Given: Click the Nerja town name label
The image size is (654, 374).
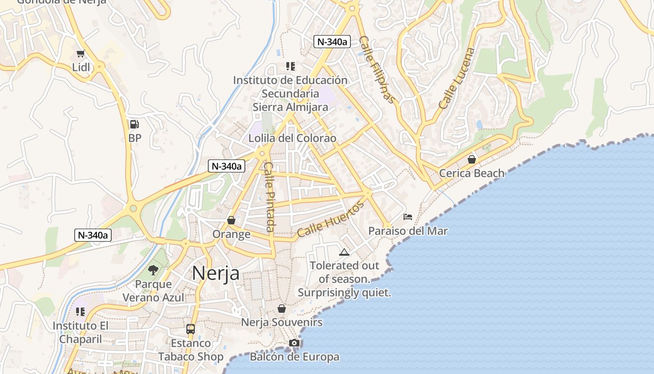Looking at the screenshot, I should point(216,273).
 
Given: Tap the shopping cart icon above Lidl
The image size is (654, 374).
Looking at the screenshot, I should point(81,54).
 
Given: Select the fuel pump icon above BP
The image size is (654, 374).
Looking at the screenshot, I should point(134,124).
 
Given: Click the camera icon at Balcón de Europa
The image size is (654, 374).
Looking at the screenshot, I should point(294,343).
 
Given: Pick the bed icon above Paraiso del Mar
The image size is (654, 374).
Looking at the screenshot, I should point(408,217).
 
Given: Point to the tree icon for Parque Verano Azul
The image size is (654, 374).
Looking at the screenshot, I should point(153,270).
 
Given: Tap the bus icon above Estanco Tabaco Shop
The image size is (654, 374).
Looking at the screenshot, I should point(190,329).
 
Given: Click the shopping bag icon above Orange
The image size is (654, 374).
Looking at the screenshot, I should point(231,220).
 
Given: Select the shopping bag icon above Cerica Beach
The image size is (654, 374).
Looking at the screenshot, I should point(472,159).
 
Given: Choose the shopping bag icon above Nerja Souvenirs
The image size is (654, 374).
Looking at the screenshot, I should point(281,309).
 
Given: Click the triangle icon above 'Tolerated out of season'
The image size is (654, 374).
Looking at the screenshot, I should point(344,252).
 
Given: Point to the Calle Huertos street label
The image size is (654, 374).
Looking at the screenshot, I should point(330,219).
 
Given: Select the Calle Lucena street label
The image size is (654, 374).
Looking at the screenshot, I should point(457,78).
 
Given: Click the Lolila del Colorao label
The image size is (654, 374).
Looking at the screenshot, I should point(292,138).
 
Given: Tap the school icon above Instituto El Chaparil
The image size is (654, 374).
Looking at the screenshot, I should point(80,311).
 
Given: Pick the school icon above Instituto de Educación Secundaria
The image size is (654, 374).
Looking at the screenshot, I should point(290,66).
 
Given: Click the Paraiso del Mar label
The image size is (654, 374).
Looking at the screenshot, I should point(408,231).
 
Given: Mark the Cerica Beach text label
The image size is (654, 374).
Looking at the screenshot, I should point(472,173).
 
